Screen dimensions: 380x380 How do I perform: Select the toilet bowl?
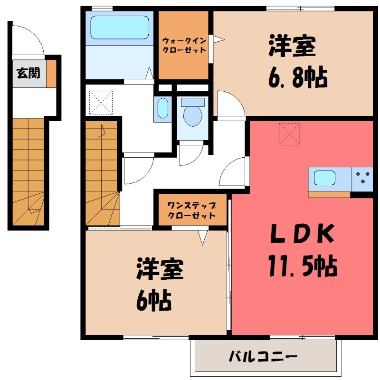click(192, 114)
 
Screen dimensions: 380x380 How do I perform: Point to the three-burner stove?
click(362, 179)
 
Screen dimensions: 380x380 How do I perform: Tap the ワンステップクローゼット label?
click(191, 210)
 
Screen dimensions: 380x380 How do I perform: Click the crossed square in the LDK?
click(289, 133)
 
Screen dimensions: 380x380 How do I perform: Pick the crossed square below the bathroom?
click(101, 103)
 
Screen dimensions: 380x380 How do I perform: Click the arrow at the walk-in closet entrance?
click(217, 40)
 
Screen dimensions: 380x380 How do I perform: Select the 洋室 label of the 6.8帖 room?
click(293, 47)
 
